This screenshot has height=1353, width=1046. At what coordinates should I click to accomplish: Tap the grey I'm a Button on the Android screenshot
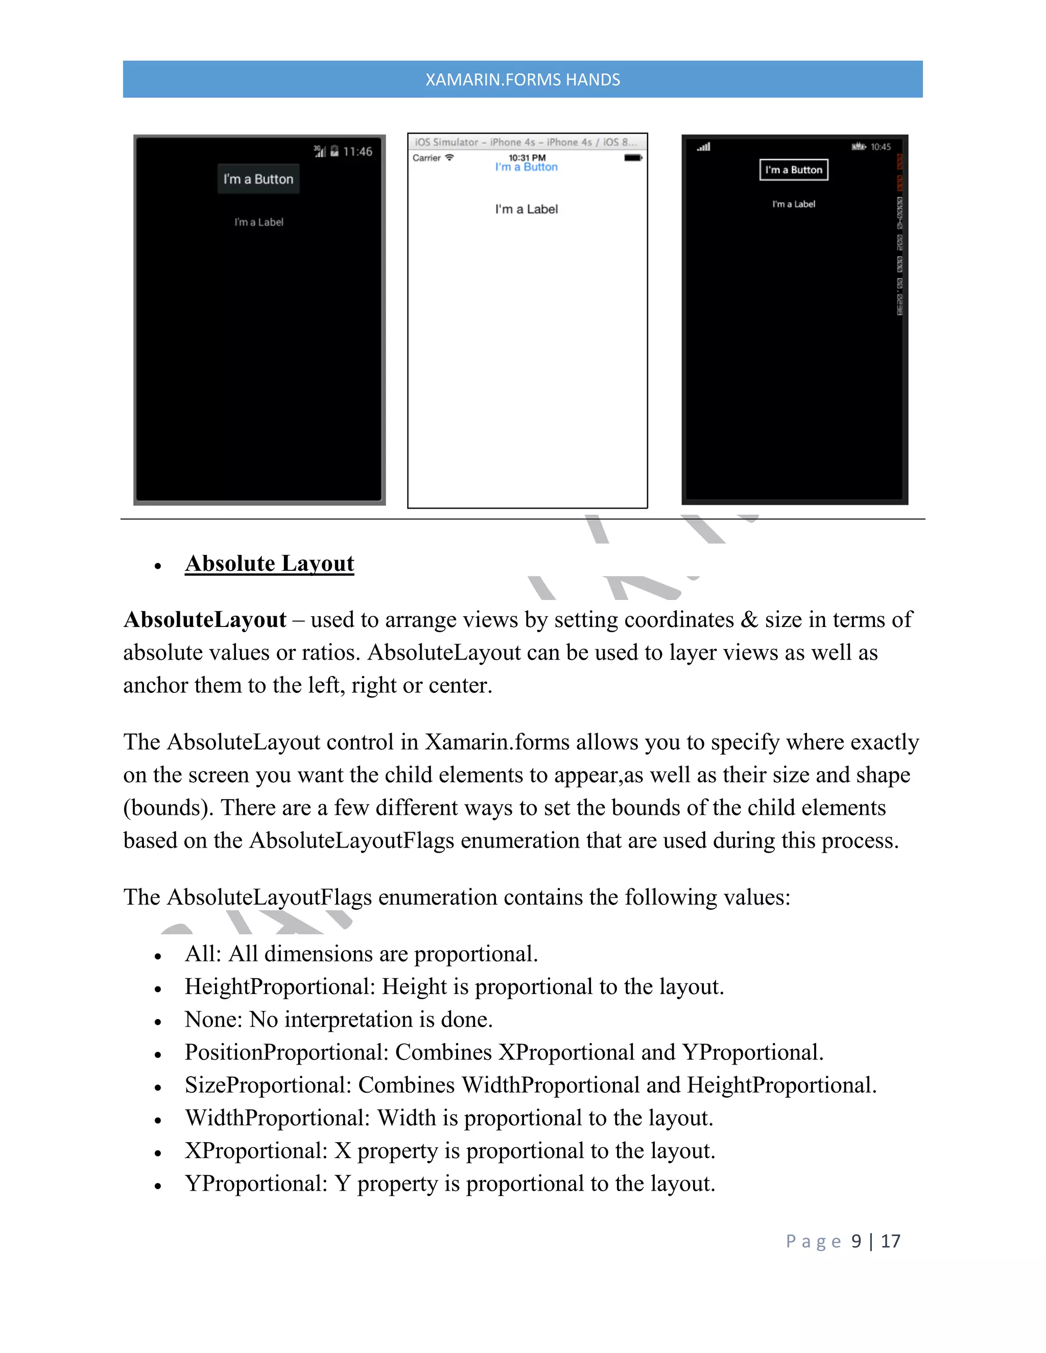click(x=258, y=179)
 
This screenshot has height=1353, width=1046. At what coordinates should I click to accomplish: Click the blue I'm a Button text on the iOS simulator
click(x=526, y=167)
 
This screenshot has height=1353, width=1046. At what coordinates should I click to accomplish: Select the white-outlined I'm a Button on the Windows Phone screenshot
click(x=793, y=170)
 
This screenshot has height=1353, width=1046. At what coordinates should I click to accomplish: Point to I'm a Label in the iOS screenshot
click(x=526, y=209)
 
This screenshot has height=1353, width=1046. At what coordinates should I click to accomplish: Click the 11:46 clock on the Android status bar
click(x=358, y=152)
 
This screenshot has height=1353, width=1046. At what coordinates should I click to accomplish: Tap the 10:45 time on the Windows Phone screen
click(x=880, y=147)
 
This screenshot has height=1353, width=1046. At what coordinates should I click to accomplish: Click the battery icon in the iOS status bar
click(x=633, y=158)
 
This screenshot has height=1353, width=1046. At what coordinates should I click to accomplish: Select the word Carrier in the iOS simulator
click(x=426, y=158)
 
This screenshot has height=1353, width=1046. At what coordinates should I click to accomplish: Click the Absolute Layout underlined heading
click(x=270, y=564)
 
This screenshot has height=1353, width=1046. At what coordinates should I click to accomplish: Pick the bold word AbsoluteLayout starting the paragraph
click(x=204, y=619)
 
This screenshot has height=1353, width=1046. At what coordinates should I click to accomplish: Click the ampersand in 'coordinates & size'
click(x=749, y=619)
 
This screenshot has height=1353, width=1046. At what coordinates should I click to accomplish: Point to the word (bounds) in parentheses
click(x=169, y=808)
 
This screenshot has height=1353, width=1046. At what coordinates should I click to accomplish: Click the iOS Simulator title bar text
click(x=526, y=142)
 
